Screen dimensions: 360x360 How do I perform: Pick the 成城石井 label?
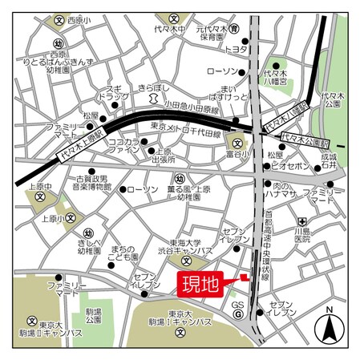coord(330,163)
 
